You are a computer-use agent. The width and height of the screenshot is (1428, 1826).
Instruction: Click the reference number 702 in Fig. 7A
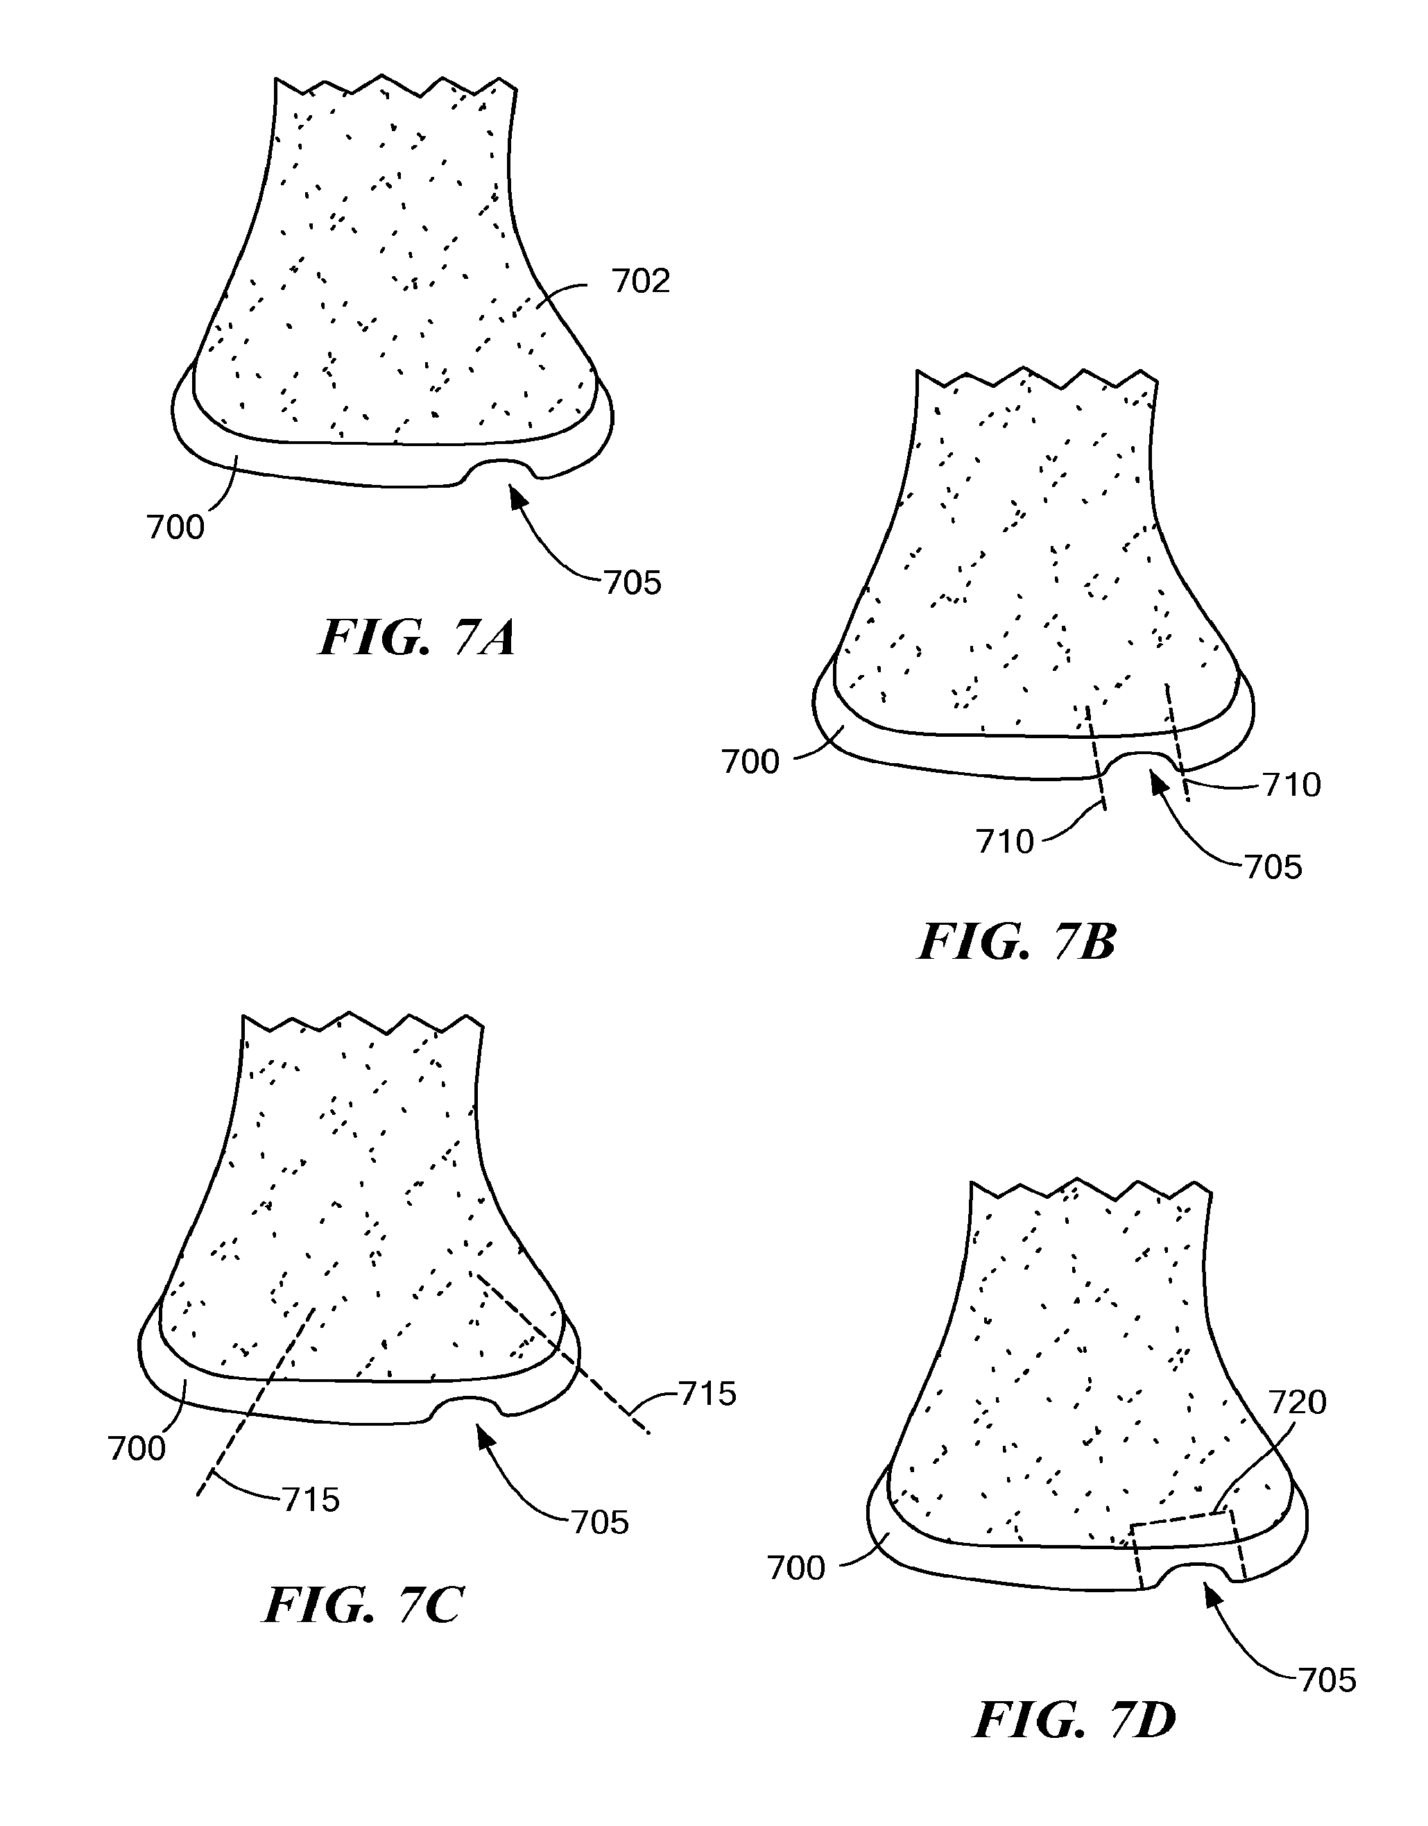click(642, 282)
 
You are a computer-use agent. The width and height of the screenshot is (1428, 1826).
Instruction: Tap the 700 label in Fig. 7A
click(175, 528)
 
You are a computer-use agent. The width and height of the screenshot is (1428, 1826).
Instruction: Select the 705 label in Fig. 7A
click(633, 583)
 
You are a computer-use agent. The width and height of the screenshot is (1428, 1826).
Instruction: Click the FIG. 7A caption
click(418, 638)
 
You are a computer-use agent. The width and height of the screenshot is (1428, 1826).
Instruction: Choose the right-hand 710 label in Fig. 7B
click(1293, 785)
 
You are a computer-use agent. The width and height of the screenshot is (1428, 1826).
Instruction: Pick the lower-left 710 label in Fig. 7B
click(1006, 842)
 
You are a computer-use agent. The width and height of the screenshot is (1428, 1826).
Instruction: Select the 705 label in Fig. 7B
click(1274, 867)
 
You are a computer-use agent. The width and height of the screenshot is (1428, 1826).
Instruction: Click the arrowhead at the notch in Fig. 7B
click(1158, 782)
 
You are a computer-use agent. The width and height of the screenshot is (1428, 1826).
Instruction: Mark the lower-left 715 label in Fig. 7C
click(311, 1500)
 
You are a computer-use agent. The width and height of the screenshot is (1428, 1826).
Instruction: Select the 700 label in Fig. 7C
click(137, 1448)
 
